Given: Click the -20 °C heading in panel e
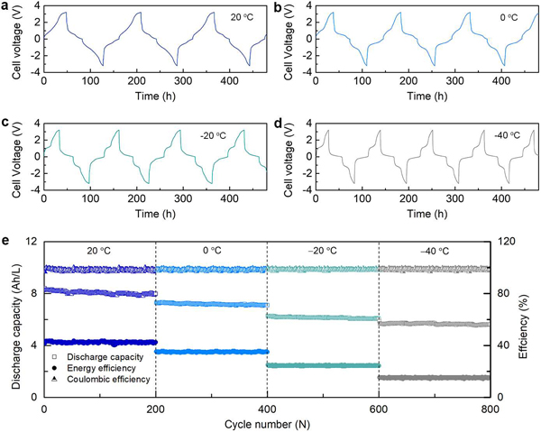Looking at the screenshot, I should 323,253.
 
